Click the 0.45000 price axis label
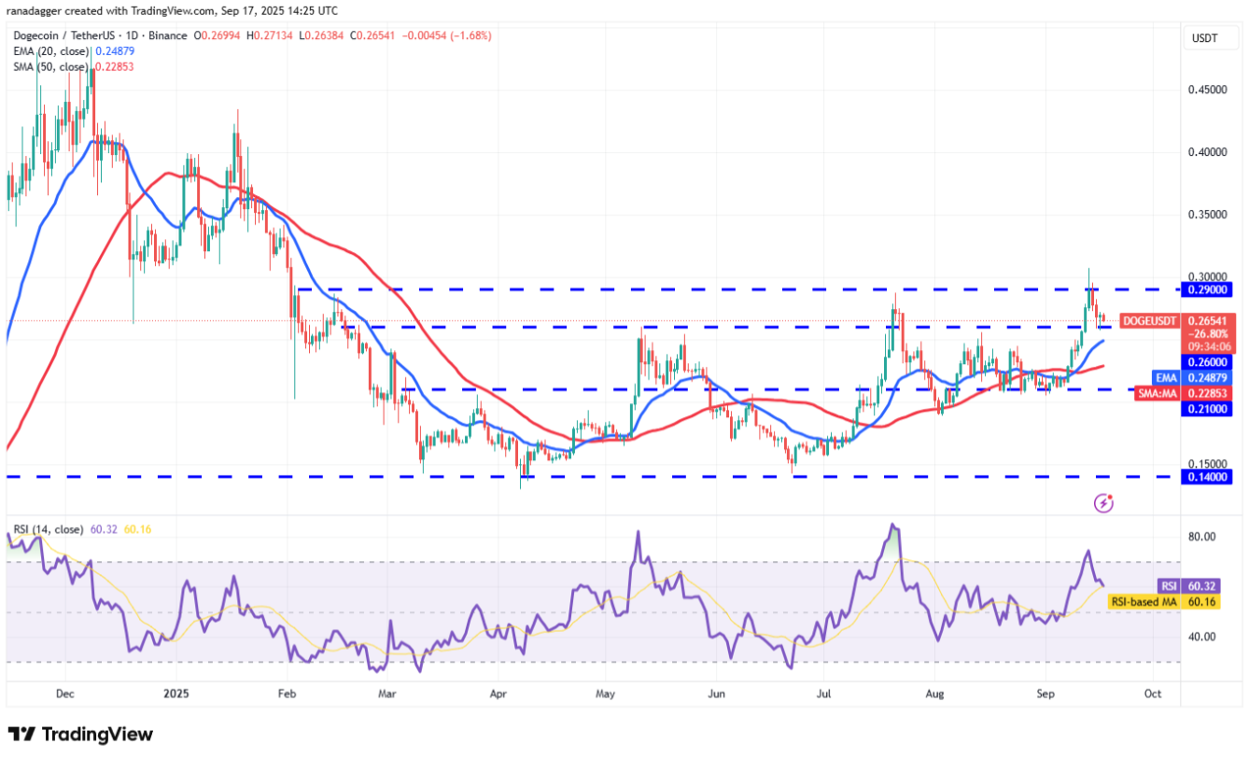pos(1207,90)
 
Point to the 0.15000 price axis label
pos(1207,464)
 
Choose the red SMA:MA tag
pos(1156,394)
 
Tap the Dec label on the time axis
pos(65,694)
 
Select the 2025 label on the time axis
pos(176,694)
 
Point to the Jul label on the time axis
pos(823,694)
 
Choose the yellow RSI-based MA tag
pos(1143,602)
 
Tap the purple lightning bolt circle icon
pos(1103,504)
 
